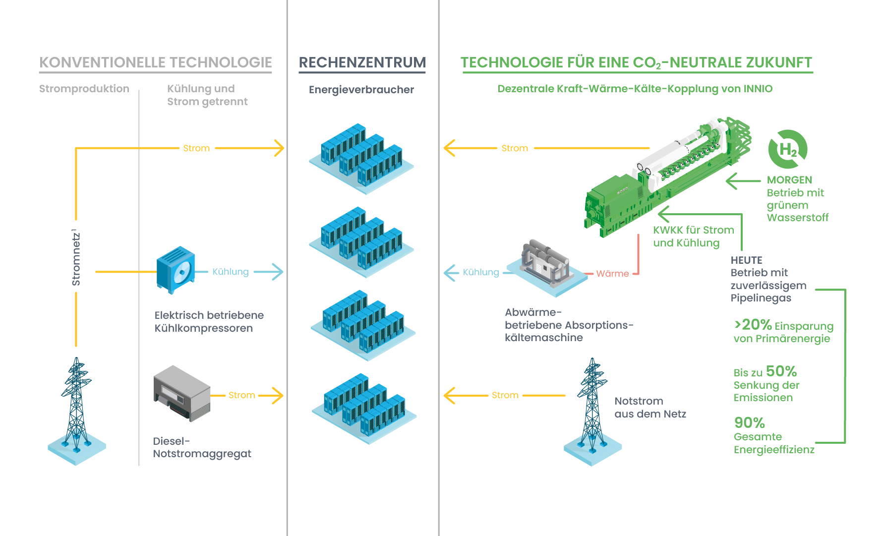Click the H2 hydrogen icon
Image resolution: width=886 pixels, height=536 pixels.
[787, 149]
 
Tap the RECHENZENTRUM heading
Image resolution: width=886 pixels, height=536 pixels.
[362, 62]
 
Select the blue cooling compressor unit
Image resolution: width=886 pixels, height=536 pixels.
[176, 270]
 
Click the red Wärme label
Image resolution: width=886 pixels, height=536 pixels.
[612, 274]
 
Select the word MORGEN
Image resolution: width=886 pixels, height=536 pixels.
[789, 180]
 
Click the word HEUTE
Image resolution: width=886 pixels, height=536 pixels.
[746, 260]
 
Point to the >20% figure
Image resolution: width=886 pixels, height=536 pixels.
[753, 325]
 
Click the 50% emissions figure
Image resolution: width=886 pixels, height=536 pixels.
[781, 371]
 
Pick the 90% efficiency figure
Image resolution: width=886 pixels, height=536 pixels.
[749, 423]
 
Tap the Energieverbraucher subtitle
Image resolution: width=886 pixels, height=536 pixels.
[361, 90]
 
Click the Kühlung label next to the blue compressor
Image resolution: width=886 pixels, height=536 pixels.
[231, 272]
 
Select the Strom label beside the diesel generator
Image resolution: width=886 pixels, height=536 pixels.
[241, 395]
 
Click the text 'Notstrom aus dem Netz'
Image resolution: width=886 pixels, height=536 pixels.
[650, 408]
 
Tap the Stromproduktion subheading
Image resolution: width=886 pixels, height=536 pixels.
[84, 89]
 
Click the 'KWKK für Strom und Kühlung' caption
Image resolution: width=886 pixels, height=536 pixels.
[693, 237]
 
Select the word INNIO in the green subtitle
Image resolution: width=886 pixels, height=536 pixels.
[758, 89]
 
